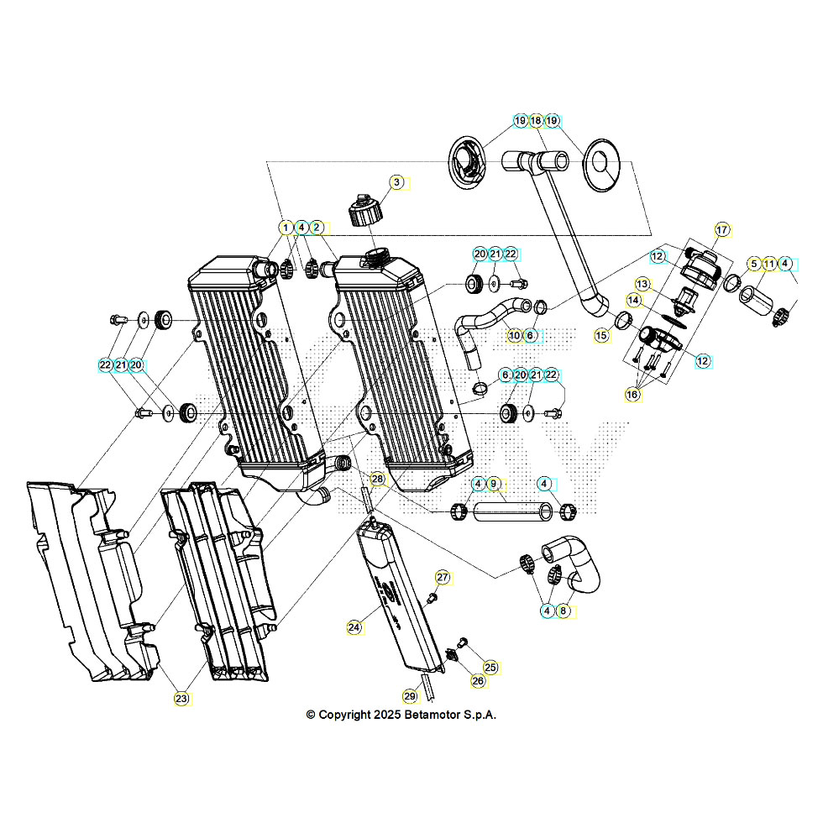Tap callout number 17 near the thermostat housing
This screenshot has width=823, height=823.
pyautogui.click(x=721, y=229)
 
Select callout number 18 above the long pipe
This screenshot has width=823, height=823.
pyautogui.click(x=536, y=121)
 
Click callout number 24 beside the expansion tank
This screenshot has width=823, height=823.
pyautogui.click(x=354, y=627)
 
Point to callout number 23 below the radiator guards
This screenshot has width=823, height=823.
pyautogui.click(x=181, y=698)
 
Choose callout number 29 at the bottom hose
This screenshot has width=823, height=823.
pyautogui.click(x=410, y=695)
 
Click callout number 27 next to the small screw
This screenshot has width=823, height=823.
pyautogui.click(x=443, y=577)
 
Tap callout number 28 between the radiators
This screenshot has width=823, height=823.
pyautogui.click(x=377, y=480)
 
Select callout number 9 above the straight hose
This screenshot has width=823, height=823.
pyautogui.click(x=494, y=484)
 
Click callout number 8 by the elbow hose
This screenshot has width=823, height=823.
pyautogui.click(x=564, y=611)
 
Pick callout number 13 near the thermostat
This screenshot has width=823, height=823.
pyautogui.click(x=642, y=283)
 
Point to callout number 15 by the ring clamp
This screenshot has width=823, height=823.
pyautogui.click(x=601, y=335)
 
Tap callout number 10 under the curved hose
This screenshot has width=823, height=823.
pyautogui.click(x=514, y=335)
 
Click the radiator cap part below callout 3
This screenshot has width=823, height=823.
pyautogui.click(x=366, y=210)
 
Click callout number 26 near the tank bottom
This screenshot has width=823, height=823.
pyautogui.click(x=478, y=681)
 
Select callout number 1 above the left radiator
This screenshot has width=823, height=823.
pyautogui.click(x=286, y=228)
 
